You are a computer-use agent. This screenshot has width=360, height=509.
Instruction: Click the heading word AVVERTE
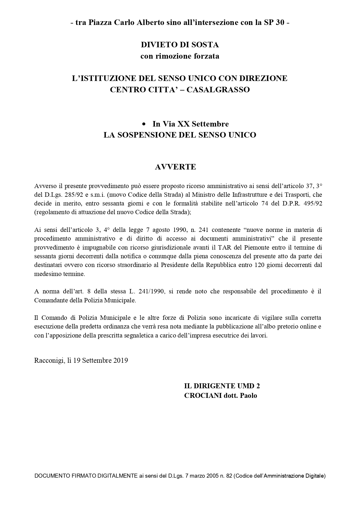point(176,167)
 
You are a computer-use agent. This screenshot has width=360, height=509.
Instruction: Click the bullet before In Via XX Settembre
point(144,124)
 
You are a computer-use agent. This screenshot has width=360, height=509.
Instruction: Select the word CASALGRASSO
point(218,90)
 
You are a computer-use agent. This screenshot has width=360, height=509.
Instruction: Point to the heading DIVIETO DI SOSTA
point(180,45)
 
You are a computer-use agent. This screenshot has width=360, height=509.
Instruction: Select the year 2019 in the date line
point(121,360)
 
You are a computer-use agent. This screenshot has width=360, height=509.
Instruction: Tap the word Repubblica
point(224,265)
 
